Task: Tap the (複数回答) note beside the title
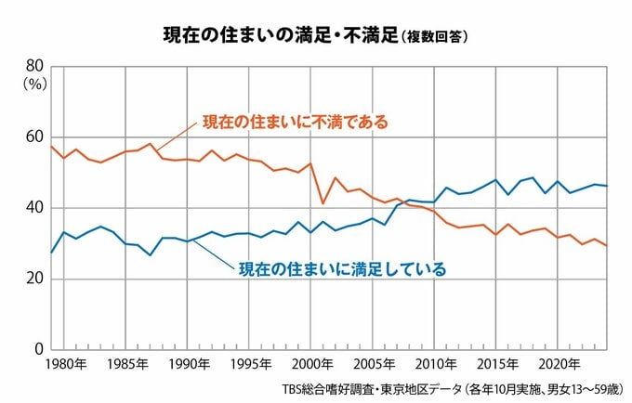coord(434,37)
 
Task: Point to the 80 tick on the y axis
coord(33,66)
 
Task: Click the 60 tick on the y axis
coord(33,136)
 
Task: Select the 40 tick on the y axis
coord(33,208)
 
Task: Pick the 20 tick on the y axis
coord(33,279)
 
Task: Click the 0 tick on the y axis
coord(38,350)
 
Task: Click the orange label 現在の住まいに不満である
coord(295,123)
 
